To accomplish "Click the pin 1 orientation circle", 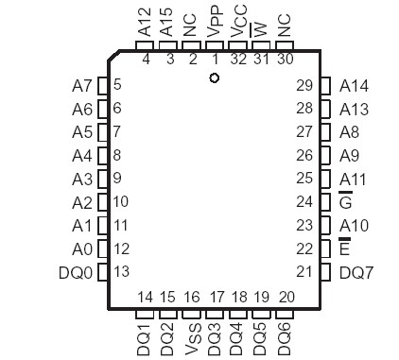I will point(215,78).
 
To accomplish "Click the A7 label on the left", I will point(82,86).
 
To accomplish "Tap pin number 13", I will point(121,272).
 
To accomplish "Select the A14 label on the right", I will point(354,86).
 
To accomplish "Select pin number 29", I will point(304,86).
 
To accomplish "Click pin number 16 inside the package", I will point(192,298).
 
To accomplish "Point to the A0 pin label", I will point(82,249).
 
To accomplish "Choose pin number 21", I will point(304,272).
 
